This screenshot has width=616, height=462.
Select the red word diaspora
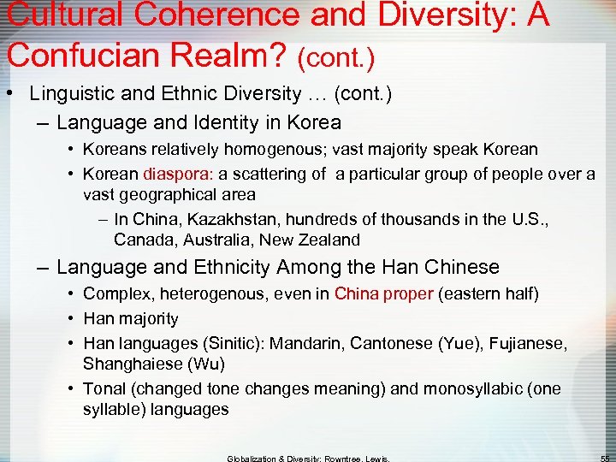pyautogui.click(x=180, y=174)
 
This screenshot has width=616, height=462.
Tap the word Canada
pyautogui.click(x=140, y=240)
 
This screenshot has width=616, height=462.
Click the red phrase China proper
pyautogui.click(x=384, y=294)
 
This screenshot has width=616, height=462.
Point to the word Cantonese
pyautogui.click(x=401, y=343)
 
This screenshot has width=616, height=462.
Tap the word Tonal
pyautogui.click(x=104, y=388)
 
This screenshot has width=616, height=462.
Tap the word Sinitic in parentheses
pyautogui.click(x=237, y=343)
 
